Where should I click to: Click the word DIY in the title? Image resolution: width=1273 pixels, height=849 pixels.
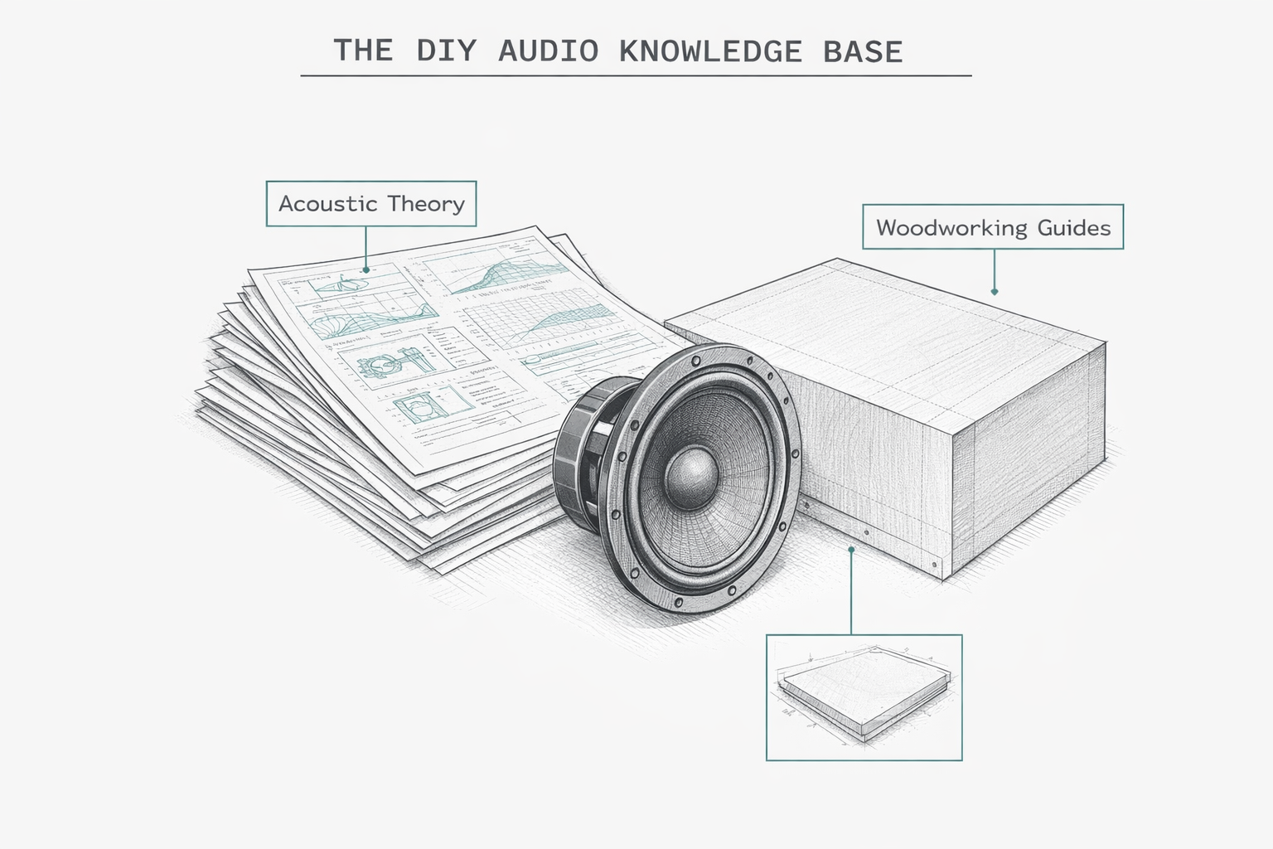[x=446, y=51]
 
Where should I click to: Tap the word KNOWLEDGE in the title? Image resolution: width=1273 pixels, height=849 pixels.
[x=710, y=51]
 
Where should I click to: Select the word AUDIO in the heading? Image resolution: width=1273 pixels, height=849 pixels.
[x=548, y=51]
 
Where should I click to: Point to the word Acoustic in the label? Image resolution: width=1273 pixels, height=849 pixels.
[x=327, y=204]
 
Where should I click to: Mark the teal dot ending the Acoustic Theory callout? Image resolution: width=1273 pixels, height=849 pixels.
[x=365, y=269]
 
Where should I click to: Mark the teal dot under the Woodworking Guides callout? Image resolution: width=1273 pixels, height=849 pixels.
[x=994, y=292]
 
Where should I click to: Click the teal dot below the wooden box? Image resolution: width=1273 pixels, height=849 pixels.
[x=851, y=549]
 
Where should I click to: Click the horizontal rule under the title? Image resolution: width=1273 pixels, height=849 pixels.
[x=636, y=75]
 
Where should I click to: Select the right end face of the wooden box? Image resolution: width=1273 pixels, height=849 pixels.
[x=1028, y=464]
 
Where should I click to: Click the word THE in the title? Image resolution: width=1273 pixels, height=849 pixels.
[x=363, y=51]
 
